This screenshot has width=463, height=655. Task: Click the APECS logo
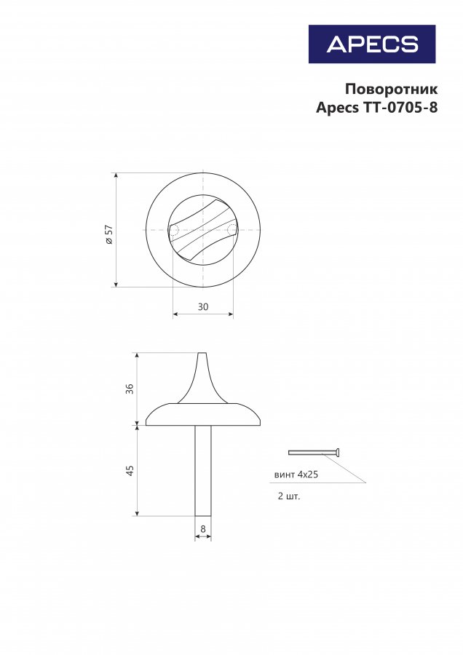(372, 44)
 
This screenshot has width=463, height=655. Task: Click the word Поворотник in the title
(391, 89)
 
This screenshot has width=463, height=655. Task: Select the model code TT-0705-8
(400, 108)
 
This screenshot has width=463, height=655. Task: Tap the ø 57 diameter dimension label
(109, 234)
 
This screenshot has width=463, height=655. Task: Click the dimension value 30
(203, 306)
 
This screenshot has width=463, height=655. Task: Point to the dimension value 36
(130, 389)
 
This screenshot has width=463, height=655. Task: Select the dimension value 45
(130, 471)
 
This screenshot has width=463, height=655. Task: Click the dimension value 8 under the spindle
(203, 529)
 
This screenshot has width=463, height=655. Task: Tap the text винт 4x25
(296, 475)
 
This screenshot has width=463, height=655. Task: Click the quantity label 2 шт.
(289, 496)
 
